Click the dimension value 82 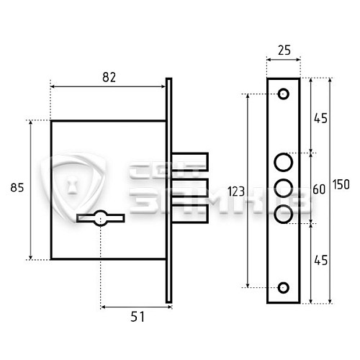[x=109, y=77]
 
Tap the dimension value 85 [x=17, y=187]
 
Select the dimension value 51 [x=138, y=317]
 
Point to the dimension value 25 [x=284, y=50]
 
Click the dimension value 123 [x=236, y=192]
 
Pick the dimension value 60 [x=319, y=189]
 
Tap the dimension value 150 [x=341, y=184]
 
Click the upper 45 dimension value [x=320, y=119]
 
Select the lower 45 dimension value [x=320, y=261]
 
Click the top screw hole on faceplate [x=284, y=94]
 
